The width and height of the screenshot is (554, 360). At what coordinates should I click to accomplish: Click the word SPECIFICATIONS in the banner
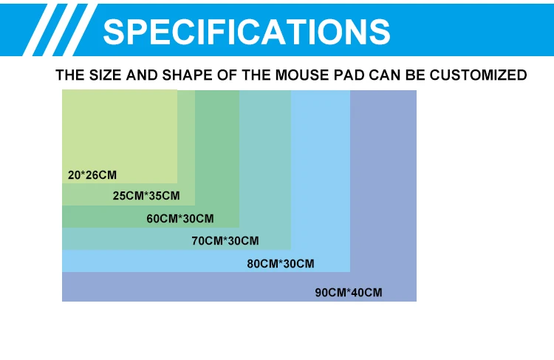tap(246, 32)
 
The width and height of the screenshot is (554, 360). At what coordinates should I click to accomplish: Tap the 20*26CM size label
tap(92, 175)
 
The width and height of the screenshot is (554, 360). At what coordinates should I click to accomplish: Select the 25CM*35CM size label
tap(146, 196)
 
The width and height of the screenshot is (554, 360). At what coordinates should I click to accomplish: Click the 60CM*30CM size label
tap(180, 219)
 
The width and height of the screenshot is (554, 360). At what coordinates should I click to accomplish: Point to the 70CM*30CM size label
tap(225, 241)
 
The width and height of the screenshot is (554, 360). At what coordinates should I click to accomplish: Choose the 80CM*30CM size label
tap(281, 264)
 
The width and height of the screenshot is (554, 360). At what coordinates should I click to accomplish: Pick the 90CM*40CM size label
tap(349, 293)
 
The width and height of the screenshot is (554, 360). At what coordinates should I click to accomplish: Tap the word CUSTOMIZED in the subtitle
tap(478, 75)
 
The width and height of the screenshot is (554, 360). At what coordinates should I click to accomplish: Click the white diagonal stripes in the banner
tap(60, 30)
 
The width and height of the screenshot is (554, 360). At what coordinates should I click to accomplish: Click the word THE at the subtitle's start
tap(70, 75)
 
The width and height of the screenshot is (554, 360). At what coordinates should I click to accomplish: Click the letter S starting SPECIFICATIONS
tap(114, 32)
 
